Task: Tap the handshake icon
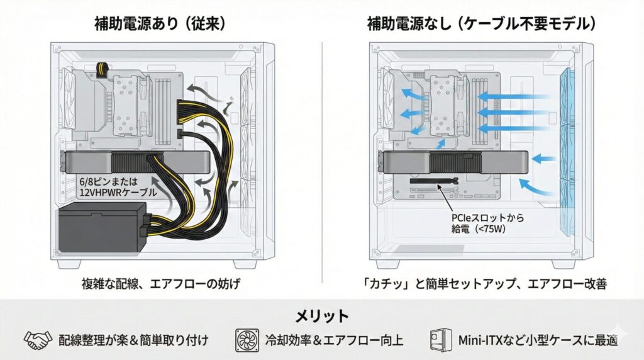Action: tap(38, 340)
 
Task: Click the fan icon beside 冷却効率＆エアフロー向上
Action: tap(247, 340)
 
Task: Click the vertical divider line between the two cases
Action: tap(323, 157)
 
